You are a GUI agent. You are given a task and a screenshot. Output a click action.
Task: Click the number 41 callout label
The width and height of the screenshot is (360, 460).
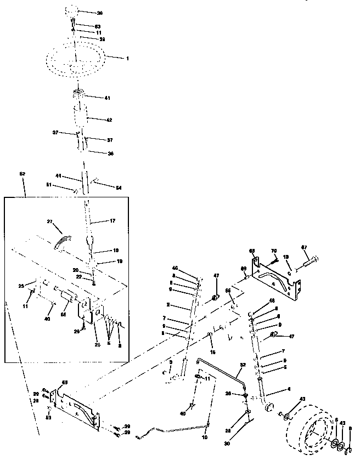tap(108, 98)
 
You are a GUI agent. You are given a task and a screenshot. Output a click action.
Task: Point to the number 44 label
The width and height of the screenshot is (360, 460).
tap(64, 177)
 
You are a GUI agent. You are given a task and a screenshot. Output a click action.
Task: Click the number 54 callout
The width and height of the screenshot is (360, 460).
tap(118, 188)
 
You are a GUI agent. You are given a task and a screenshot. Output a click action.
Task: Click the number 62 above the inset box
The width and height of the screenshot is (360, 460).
tap(22, 173)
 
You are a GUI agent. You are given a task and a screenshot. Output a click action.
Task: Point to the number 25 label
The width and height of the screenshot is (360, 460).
tap(97, 344)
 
